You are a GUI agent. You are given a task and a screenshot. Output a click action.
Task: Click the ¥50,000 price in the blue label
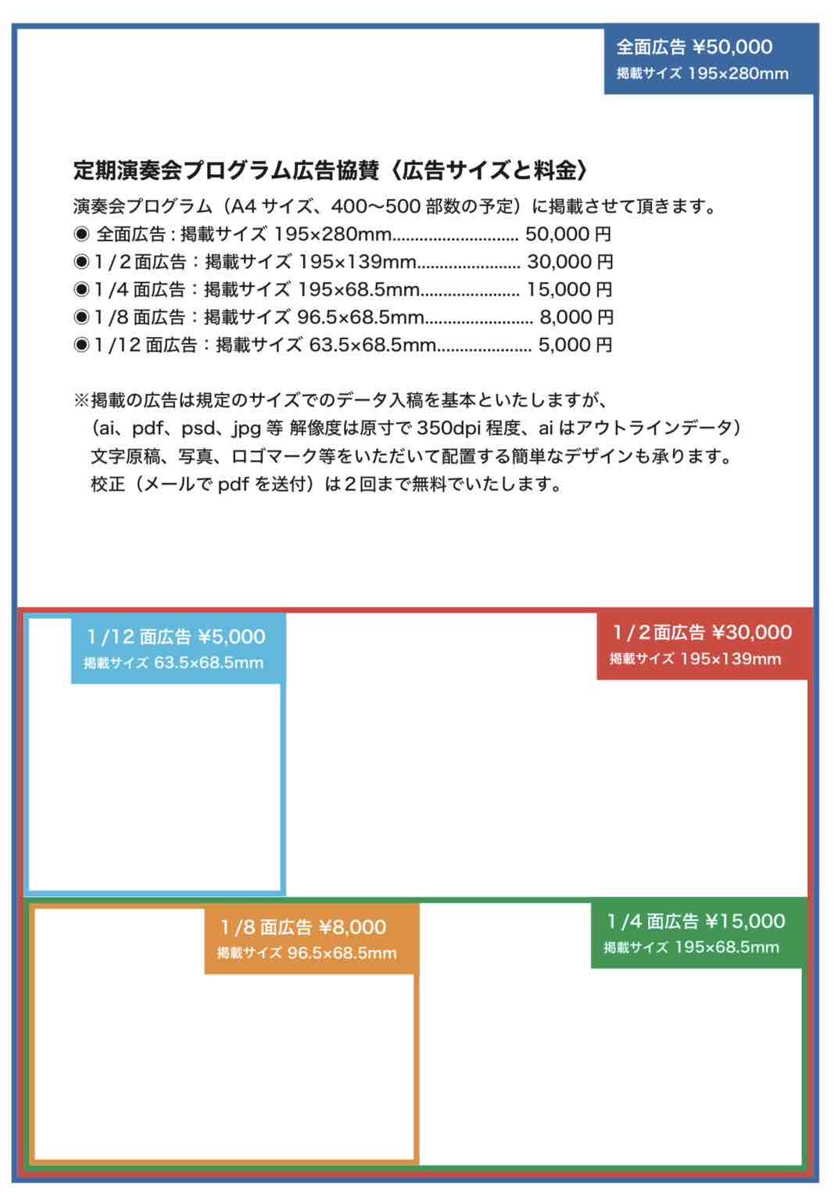[x=732, y=48]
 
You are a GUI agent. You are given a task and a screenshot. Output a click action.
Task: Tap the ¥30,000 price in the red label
[x=752, y=632]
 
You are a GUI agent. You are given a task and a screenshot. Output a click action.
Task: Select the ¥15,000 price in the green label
[x=745, y=922]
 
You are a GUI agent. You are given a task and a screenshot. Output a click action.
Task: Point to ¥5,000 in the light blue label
[x=231, y=637]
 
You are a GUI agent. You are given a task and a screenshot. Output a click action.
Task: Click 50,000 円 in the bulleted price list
[x=568, y=235]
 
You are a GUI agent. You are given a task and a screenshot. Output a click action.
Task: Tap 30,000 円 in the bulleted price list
[x=570, y=262]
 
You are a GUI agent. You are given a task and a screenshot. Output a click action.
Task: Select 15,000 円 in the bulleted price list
[x=569, y=290]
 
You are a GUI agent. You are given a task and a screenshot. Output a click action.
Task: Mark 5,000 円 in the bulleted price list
[x=575, y=346]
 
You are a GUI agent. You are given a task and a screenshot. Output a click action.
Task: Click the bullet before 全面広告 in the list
[x=81, y=235]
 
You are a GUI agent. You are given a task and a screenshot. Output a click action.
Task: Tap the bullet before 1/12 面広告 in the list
[x=81, y=346]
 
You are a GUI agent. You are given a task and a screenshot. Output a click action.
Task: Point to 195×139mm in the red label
[x=730, y=659]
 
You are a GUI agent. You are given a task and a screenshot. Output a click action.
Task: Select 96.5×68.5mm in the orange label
[x=342, y=954]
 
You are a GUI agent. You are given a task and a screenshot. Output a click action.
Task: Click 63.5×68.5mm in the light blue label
[x=209, y=664]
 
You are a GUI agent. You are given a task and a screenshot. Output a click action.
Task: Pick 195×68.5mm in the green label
[x=726, y=947]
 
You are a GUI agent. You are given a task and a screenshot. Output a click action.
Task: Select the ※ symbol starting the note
[x=81, y=401]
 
